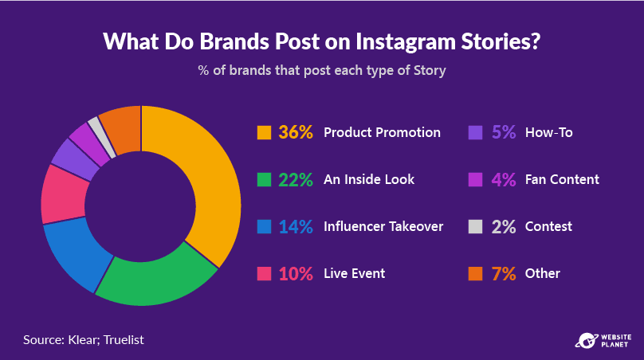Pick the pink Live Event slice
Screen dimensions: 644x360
click(x=63, y=194)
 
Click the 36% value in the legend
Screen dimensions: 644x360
click(x=296, y=132)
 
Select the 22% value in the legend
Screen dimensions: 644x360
click(x=296, y=180)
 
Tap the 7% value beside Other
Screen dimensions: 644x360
click(x=504, y=274)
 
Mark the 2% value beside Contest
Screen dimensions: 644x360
click(x=504, y=226)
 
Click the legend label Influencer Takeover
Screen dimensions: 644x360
click(x=383, y=226)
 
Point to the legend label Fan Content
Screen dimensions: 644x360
click(x=562, y=179)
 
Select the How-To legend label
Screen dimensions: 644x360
click(x=548, y=132)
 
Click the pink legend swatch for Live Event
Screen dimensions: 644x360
click(x=264, y=274)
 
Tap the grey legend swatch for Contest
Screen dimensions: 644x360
click(x=475, y=226)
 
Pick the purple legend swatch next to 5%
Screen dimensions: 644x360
click(x=475, y=132)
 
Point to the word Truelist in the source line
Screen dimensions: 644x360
click(x=124, y=340)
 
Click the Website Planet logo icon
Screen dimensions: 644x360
click(x=587, y=341)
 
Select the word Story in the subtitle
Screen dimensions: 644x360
click(x=430, y=71)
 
